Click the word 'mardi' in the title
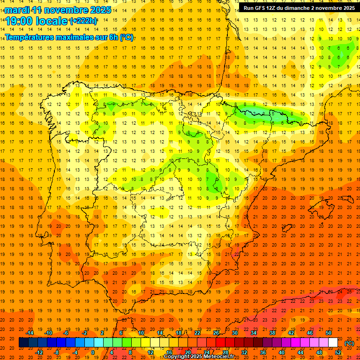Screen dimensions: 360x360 point(17,10)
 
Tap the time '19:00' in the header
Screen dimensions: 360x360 point(21,21)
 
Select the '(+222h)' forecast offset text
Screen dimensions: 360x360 point(83,21)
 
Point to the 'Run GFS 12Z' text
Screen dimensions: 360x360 point(262,8)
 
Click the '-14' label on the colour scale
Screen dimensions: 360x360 point(30,333)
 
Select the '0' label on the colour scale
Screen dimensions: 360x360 point(93,352)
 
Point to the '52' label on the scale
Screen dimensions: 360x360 point(338,352)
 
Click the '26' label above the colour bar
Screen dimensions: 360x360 point(216,333)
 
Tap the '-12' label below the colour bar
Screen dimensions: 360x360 point(39,352)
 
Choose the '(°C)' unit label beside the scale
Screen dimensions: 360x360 point(349,343)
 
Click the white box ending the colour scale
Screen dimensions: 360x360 point(333,343)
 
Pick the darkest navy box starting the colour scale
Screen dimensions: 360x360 point(23,343)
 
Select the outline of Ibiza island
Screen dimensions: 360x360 point(287,229)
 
